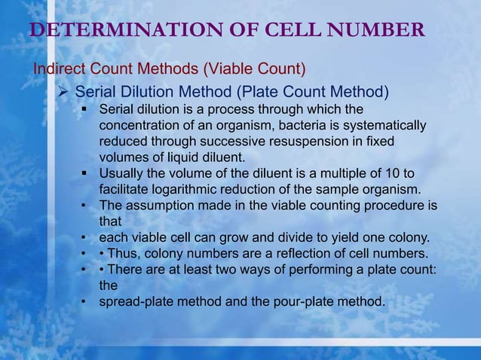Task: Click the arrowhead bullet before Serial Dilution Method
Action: (65, 93)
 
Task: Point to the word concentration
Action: (142, 125)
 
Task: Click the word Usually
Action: (124, 174)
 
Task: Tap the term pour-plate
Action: (302, 303)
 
